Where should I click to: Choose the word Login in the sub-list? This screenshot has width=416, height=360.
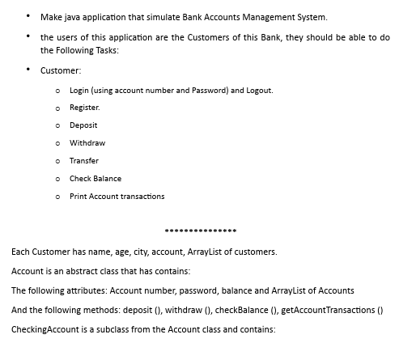pos(79,90)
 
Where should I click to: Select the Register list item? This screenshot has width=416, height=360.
pos(85,108)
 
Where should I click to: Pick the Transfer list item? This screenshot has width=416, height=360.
pos(84,160)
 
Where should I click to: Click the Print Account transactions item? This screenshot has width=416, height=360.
pos(117,196)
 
